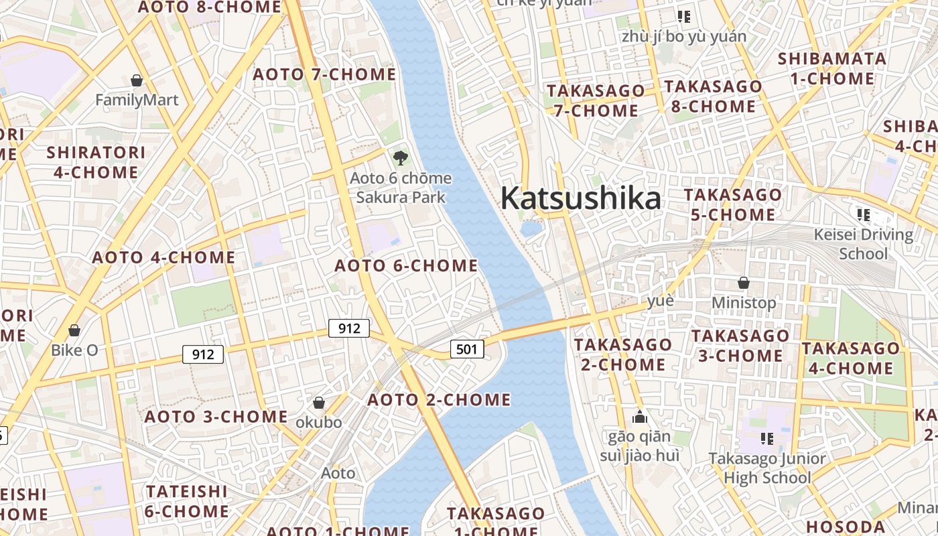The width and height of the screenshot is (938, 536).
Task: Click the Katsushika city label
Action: pos(580,199)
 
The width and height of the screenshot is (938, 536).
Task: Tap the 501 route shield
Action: pos(467,348)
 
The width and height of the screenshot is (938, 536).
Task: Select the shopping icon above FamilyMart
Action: pos(137,80)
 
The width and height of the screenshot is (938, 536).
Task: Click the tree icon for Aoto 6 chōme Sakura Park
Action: pos(400,158)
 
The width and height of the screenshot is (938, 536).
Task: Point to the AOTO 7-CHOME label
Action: pos(324,74)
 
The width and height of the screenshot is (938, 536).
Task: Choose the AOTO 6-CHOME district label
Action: pos(406,266)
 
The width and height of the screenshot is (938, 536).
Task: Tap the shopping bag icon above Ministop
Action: pos(743,283)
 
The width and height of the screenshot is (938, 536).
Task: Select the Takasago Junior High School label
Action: pos(768,468)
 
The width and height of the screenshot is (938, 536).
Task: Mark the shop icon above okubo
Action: pos(319,403)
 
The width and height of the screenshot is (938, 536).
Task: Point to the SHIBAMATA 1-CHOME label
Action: pos(832,68)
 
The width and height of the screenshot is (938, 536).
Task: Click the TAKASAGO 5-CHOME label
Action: pos(732,205)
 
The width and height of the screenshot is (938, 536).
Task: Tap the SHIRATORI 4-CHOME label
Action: pos(96,162)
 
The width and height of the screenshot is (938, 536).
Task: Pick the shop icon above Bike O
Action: pos(74,330)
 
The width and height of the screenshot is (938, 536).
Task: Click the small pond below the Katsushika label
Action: pos(531,229)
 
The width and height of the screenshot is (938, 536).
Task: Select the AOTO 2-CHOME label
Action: pos(439,400)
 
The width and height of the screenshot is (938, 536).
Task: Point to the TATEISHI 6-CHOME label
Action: pos(187,501)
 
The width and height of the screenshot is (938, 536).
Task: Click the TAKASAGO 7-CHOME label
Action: pos(596,100)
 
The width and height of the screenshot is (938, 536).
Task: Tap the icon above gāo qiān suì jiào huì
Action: pos(639,417)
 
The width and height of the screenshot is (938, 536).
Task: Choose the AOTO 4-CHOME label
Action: pos(163,257)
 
